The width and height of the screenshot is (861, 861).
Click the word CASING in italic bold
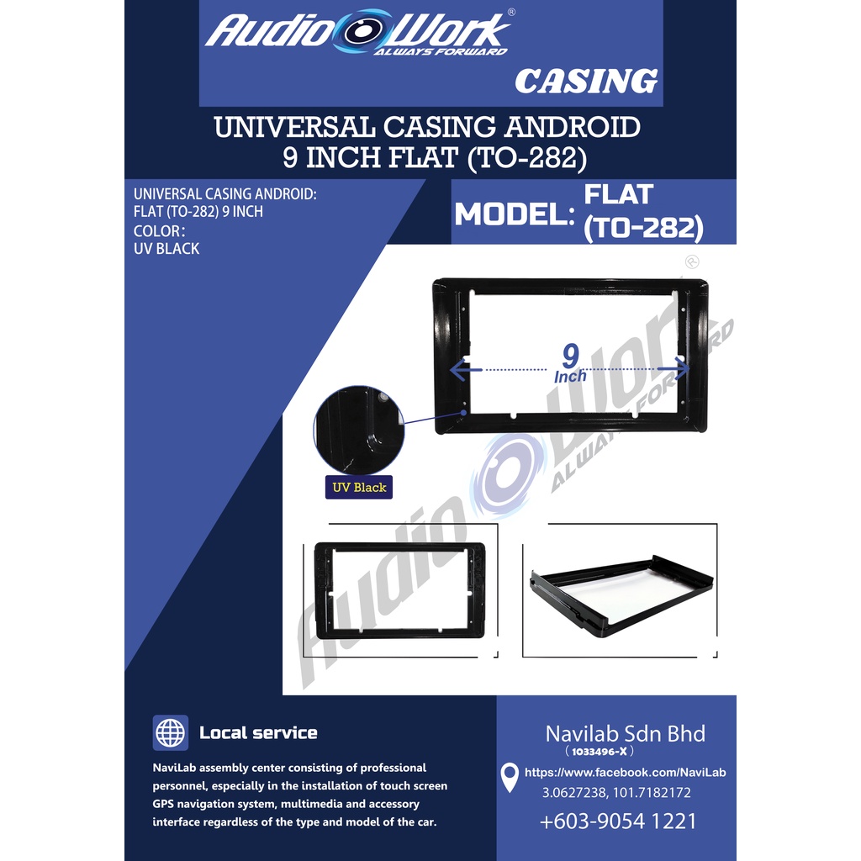[x=586, y=82]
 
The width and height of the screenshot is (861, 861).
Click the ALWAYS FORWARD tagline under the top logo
[x=441, y=51]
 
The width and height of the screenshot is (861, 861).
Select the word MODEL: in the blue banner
[x=515, y=214]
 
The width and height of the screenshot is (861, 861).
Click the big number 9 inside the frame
[x=571, y=356]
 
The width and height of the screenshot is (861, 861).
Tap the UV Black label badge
[x=358, y=487]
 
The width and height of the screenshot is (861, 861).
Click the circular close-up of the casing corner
[x=358, y=430]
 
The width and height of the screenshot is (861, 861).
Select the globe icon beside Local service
[x=170, y=732]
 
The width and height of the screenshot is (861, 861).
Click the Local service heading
[x=258, y=732]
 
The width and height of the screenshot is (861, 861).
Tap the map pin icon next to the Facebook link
[x=510, y=778]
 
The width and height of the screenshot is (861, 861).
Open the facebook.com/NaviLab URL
[x=625, y=772]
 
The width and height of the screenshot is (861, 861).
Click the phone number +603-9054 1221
[x=618, y=821]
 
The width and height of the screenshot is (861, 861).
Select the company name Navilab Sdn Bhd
[x=625, y=733]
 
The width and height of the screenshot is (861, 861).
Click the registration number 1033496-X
[x=599, y=751]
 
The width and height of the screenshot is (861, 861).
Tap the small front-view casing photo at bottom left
[x=399, y=590]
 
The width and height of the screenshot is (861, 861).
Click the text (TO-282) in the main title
[x=526, y=157]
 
